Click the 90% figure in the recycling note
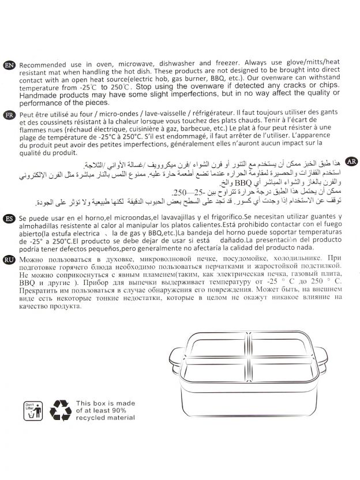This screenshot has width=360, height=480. tap(124, 410)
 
